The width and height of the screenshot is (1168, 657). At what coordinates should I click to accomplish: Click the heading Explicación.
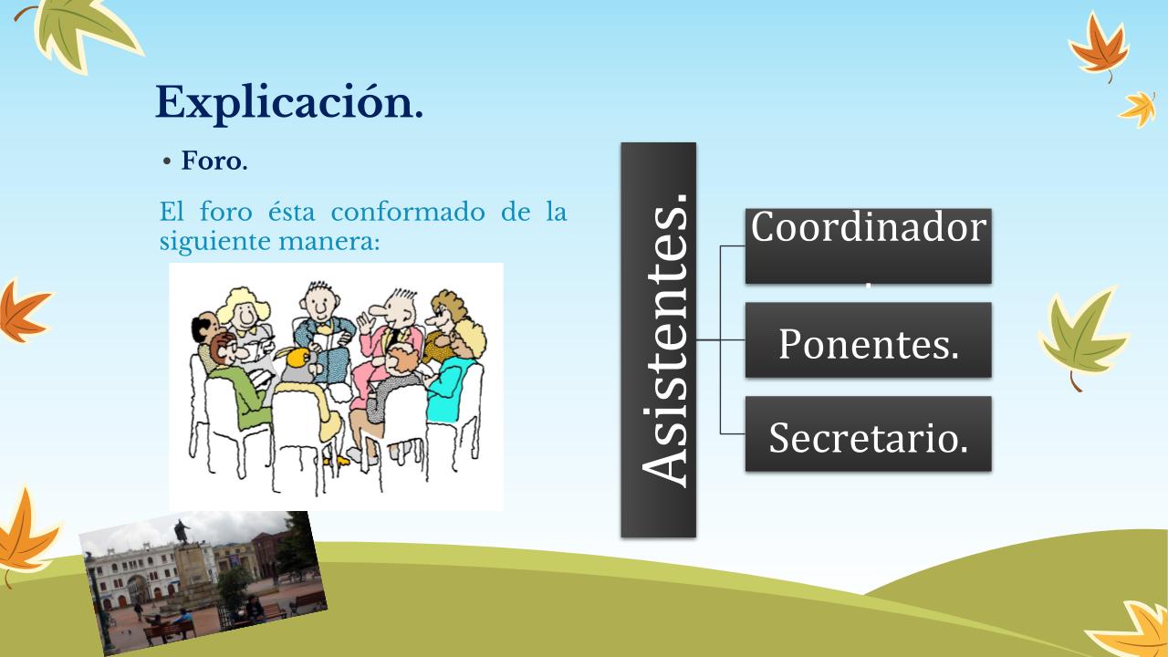(x=289, y=103)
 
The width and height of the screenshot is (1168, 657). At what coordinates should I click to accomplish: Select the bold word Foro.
(x=214, y=162)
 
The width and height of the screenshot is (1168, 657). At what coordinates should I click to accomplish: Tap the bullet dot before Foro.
(x=167, y=162)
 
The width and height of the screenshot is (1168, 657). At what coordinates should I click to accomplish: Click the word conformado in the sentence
(x=408, y=212)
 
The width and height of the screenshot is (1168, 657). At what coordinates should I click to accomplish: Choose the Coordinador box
(x=868, y=246)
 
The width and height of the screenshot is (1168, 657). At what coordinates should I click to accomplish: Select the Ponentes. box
(x=868, y=340)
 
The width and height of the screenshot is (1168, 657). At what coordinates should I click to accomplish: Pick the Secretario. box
(x=868, y=433)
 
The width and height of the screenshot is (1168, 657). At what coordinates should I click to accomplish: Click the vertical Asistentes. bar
(x=658, y=340)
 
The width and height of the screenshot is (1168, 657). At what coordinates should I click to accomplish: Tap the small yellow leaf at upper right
(x=1140, y=109)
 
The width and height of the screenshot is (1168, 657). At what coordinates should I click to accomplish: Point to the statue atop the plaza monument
(x=182, y=532)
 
